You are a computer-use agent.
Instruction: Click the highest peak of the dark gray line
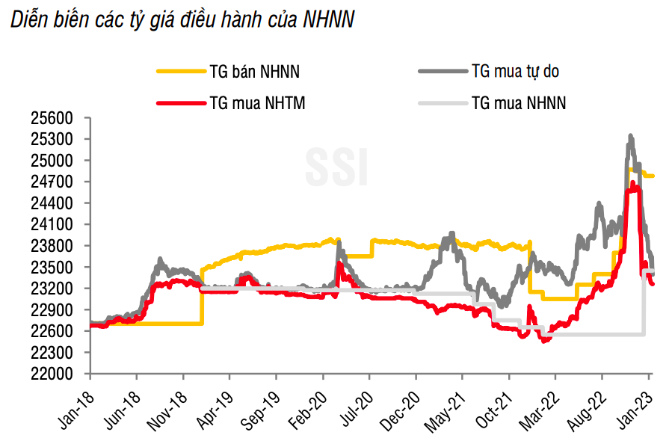point(631,136)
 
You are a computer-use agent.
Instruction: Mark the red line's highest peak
point(633,182)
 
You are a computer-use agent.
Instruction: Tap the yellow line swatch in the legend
point(180,72)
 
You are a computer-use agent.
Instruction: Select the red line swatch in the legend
point(180,103)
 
